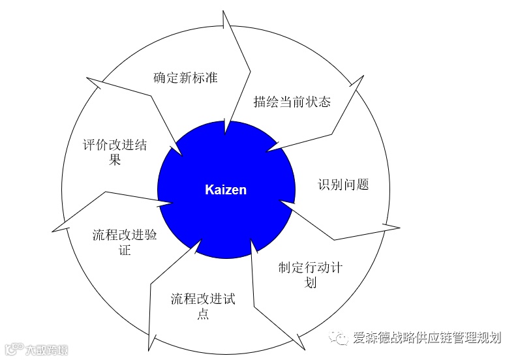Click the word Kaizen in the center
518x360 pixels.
[226, 190]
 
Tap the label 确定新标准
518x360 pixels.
[185, 78]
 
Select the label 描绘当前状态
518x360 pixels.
[292, 102]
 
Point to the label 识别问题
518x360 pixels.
[343, 185]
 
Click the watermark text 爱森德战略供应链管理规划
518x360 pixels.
[427, 337]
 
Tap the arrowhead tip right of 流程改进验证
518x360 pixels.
[172, 204]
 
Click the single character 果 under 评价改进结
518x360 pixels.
[115, 160]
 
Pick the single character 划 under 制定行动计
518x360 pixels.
[311, 282]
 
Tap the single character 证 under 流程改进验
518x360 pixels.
[125, 250]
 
